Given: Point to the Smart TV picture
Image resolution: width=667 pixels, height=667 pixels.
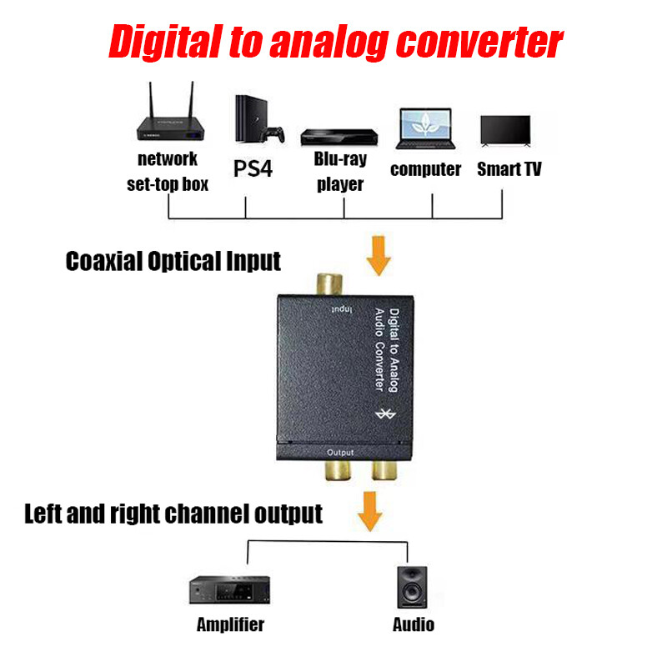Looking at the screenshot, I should pyautogui.click(x=505, y=132).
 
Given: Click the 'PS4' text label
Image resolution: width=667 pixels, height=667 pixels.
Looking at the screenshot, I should pyautogui.click(x=253, y=169).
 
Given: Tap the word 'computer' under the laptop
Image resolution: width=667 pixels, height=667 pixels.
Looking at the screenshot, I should pyautogui.click(x=425, y=169).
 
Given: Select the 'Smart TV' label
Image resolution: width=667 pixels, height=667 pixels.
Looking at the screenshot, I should pyautogui.click(x=509, y=169).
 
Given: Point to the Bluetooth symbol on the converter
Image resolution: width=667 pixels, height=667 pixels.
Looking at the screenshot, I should pyautogui.click(x=385, y=414).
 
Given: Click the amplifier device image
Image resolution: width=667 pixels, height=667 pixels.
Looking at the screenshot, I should pyautogui.click(x=229, y=591).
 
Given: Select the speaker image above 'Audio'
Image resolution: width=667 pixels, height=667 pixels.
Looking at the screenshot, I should pyautogui.click(x=412, y=589).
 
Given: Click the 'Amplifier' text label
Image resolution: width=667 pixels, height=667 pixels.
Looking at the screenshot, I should pyautogui.click(x=230, y=624).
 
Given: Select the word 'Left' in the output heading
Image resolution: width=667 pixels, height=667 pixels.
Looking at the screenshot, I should pyautogui.click(x=45, y=513).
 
